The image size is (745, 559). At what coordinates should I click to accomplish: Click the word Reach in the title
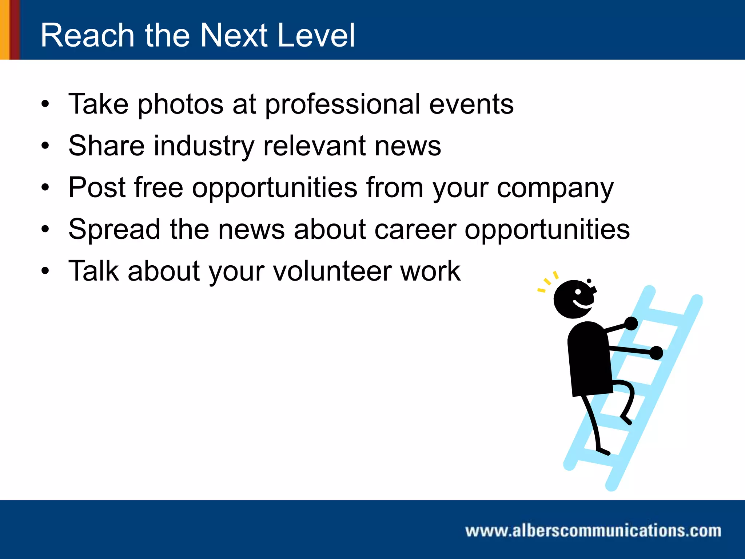coord(87,35)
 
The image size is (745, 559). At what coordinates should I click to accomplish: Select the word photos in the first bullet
coord(180,105)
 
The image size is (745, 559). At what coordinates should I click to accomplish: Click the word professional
coord(342,105)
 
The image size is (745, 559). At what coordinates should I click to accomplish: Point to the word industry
coord(204,146)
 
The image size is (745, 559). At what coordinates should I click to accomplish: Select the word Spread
coord(114,230)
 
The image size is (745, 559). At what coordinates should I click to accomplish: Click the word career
coord(415,230)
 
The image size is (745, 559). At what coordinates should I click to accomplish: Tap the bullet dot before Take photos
coord(45,105)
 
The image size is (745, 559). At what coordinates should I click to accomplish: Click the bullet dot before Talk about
coord(45,271)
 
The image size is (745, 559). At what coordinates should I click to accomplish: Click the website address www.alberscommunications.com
coord(593,531)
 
